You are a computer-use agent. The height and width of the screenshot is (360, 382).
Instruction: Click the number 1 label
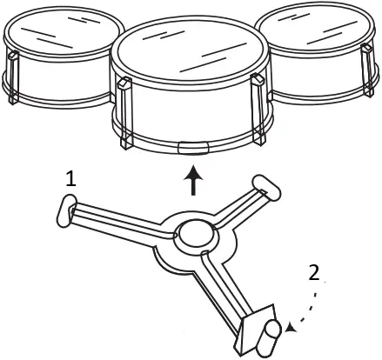tap(70, 179)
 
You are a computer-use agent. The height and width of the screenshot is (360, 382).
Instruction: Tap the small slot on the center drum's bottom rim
tap(191, 145)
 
